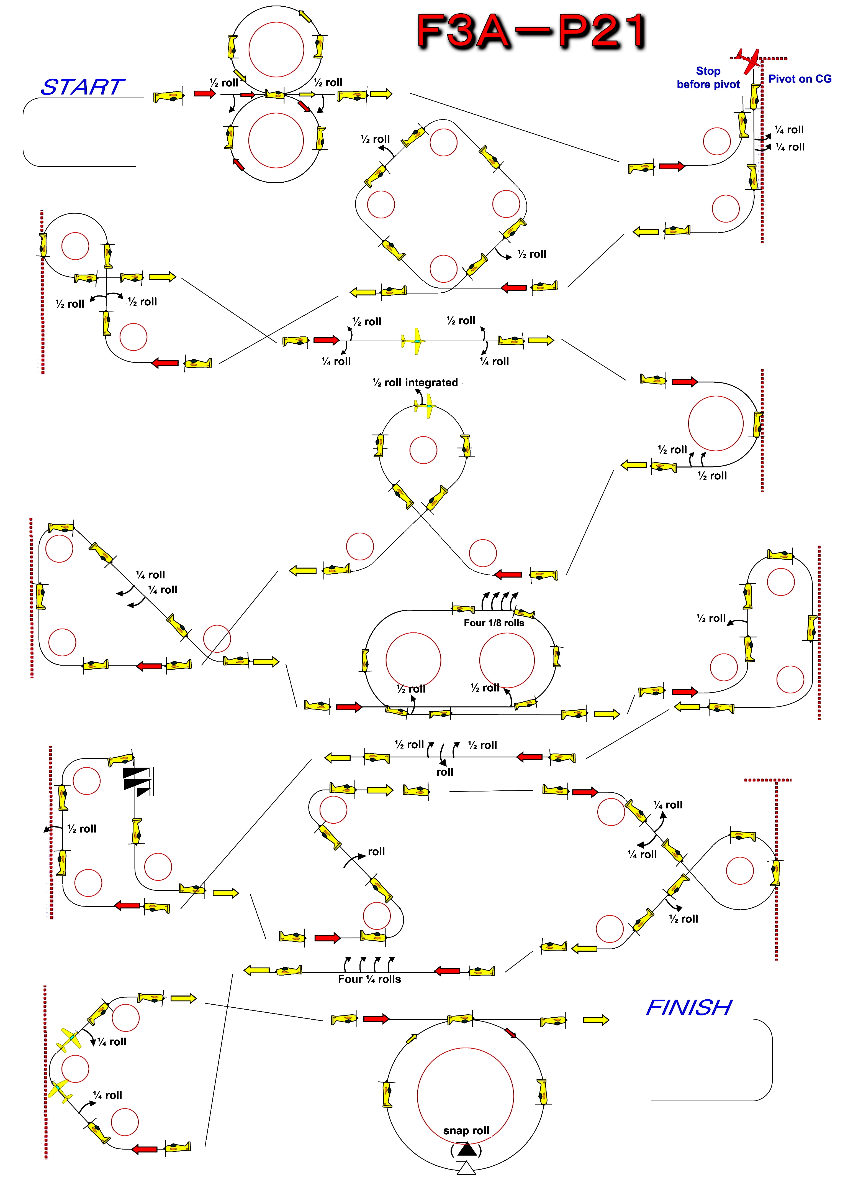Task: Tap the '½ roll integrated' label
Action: pos(415,382)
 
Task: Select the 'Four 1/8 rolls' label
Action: pos(494,623)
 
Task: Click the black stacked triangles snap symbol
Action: pos(137,781)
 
